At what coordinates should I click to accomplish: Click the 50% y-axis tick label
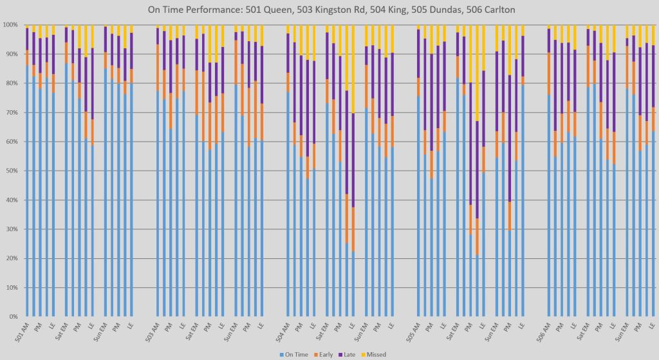10,171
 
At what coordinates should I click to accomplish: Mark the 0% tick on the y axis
12,317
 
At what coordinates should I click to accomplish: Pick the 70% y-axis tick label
10,113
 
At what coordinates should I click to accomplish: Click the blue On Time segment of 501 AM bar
27,193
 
